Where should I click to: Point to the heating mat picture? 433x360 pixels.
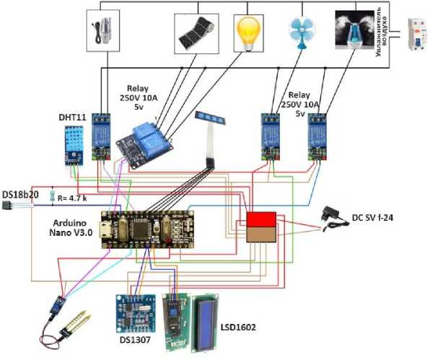click(x=196, y=30)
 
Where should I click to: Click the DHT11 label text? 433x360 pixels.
click(x=72, y=116)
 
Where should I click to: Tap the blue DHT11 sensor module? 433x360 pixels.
click(x=73, y=142)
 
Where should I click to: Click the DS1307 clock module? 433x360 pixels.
click(x=134, y=309)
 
